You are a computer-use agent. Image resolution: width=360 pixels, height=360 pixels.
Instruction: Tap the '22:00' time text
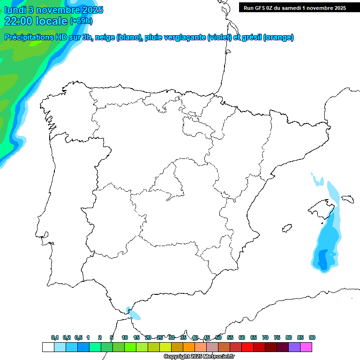19,21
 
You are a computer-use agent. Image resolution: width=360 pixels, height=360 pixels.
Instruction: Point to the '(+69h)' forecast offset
81,21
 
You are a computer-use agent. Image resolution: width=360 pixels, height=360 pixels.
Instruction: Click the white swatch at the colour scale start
48,347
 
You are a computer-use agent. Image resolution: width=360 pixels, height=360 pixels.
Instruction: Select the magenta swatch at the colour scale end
306,347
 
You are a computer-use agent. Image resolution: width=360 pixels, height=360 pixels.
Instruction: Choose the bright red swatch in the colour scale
247,347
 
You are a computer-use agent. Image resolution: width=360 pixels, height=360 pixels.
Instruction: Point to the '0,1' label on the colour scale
55,337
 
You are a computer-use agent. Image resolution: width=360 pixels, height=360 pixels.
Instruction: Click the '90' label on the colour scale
312,337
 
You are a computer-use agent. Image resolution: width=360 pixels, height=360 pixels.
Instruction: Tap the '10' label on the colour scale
125,337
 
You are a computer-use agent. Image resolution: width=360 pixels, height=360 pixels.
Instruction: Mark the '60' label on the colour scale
242,337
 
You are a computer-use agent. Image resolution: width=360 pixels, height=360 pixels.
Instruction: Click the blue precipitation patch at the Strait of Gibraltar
134,315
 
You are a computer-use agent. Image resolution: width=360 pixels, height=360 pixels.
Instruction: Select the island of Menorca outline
347,199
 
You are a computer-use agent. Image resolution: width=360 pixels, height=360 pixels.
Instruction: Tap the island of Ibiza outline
287,229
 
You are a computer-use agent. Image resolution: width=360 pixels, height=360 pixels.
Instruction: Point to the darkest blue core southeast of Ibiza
322,258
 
